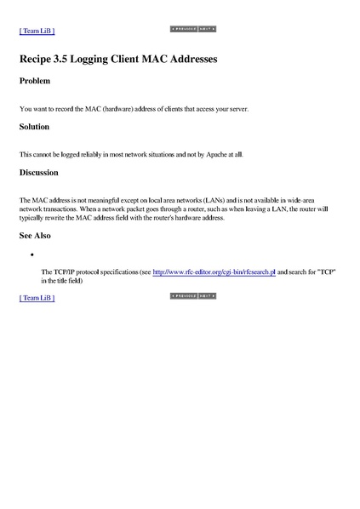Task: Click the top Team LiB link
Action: pyautogui.click(x=37, y=31)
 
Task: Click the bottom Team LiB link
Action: pyautogui.click(x=37, y=298)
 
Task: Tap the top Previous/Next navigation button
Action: pyautogui.click(x=193, y=29)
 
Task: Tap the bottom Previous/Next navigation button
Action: pyautogui.click(x=193, y=296)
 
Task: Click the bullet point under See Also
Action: pyautogui.click(x=31, y=254)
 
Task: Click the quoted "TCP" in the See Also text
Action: pyautogui.click(x=325, y=272)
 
